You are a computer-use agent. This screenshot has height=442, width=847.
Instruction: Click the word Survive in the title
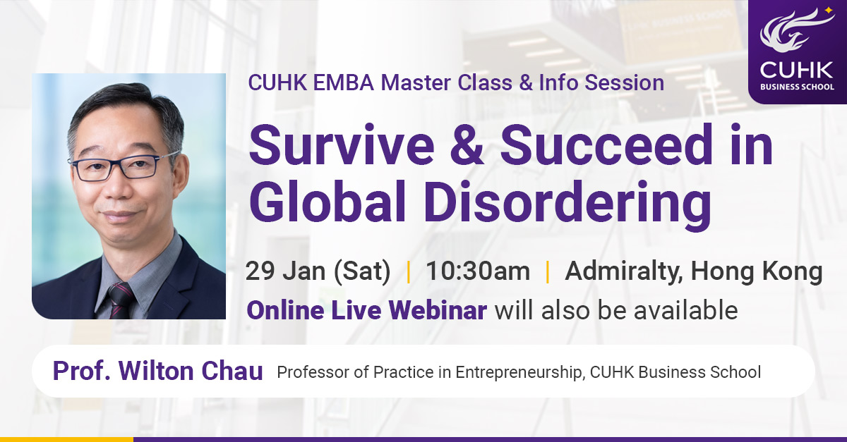(342, 145)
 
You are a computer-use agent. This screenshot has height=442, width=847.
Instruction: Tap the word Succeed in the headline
(607, 145)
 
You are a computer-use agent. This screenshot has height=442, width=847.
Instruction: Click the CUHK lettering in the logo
(796, 70)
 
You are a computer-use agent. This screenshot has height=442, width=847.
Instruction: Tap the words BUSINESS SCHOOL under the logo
(797, 87)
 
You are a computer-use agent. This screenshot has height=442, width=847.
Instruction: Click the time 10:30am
(478, 271)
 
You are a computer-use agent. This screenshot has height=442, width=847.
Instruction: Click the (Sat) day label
(362, 272)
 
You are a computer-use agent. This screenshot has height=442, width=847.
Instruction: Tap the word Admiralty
(624, 272)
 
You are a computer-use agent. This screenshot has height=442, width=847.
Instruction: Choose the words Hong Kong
(757, 272)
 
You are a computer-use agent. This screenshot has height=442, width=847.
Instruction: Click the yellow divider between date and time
(408, 272)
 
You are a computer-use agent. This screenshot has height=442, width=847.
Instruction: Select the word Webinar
(438, 310)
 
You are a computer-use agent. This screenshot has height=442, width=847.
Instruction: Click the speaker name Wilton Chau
(191, 371)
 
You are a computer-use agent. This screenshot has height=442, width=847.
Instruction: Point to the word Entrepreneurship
(518, 372)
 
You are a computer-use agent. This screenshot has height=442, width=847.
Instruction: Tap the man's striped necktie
(121, 301)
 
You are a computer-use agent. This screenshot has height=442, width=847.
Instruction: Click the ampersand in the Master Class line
(526, 82)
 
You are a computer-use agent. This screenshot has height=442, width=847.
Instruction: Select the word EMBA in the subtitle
(343, 82)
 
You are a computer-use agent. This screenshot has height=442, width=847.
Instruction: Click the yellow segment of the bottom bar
(66, 440)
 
